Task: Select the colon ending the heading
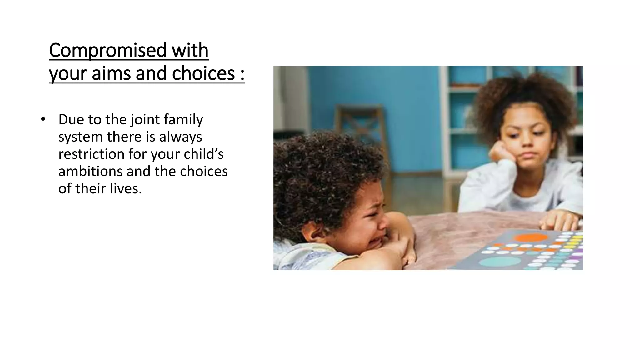[x=242, y=74]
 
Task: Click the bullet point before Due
[x=43, y=119]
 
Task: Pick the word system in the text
[x=80, y=137]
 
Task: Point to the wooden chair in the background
[x=359, y=131]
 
